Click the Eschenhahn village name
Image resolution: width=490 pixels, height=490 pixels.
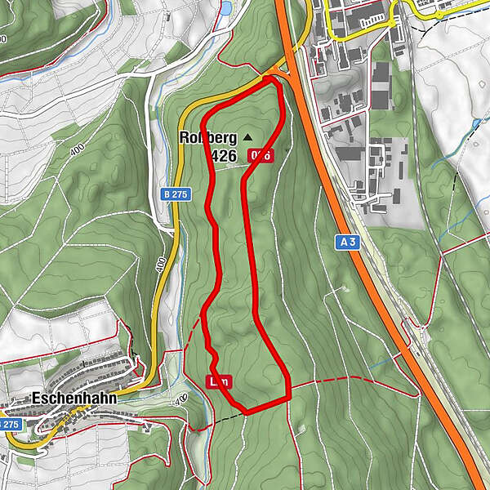71,399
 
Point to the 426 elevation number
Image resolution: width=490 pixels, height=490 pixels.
223,154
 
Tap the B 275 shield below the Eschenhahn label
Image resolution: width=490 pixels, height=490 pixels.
9,425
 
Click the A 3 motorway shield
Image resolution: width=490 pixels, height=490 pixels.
346,242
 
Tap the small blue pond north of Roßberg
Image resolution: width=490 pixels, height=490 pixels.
226,8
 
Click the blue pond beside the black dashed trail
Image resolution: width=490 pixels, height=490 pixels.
476,123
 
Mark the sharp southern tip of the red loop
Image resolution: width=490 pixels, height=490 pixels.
245,411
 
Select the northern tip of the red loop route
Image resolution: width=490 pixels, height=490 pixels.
269,78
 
